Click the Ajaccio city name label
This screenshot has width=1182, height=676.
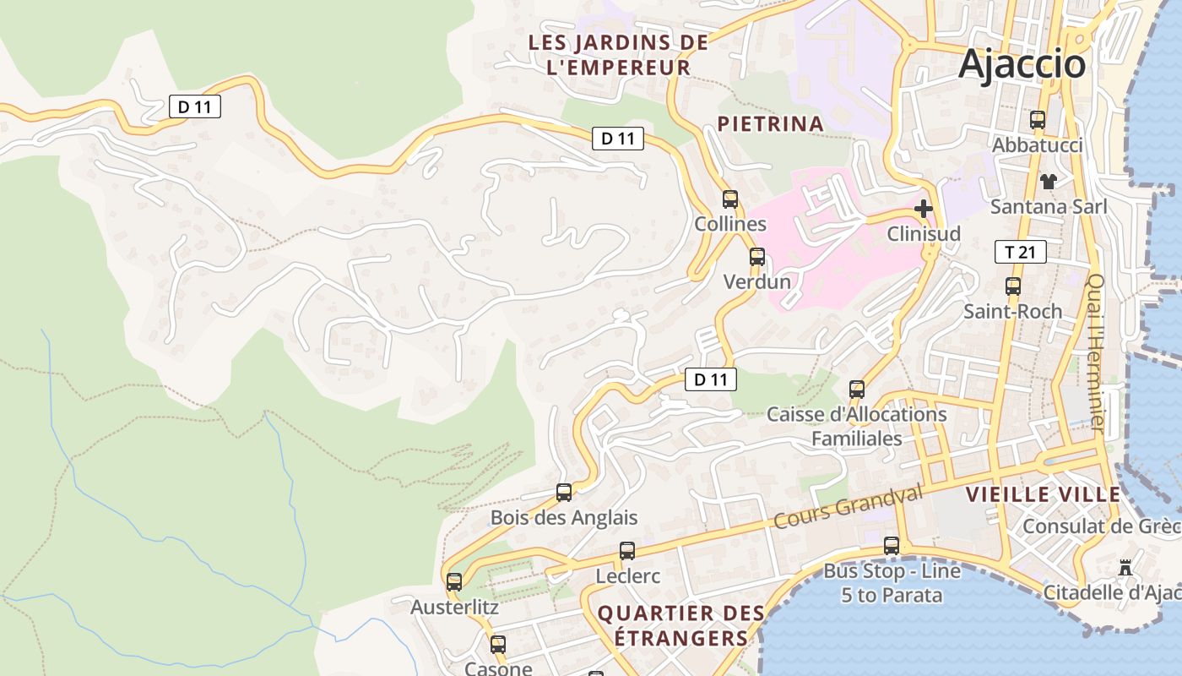(x=1022, y=63)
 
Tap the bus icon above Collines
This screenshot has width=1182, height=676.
(x=730, y=199)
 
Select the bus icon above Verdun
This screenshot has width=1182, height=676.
(x=757, y=257)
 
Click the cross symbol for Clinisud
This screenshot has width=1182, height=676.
(x=924, y=208)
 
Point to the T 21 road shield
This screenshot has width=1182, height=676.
(x=1020, y=252)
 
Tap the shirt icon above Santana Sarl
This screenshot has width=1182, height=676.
(x=1049, y=181)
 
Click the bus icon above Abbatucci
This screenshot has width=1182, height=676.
(x=1038, y=120)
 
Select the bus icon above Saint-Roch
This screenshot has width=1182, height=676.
(x=1013, y=286)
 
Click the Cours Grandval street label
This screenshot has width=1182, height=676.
(x=847, y=507)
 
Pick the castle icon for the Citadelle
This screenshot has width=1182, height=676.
(x=1125, y=567)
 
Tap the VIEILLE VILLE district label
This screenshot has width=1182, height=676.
(x=1044, y=494)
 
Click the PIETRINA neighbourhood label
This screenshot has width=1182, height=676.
(x=770, y=123)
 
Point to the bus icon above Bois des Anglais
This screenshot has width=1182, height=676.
(x=564, y=492)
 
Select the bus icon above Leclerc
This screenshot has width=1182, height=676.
(x=627, y=551)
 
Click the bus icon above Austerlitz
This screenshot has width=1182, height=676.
(x=454, y=581)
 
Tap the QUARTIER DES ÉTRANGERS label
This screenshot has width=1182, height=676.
(x=680, y=625)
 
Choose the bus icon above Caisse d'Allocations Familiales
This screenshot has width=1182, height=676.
(x=857, y=390)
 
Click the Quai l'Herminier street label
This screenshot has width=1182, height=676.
(x=1095, y=352)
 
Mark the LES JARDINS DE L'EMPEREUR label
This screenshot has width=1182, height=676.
(x=618, y=55)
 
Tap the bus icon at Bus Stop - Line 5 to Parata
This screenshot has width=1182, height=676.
(x=892, y=546)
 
